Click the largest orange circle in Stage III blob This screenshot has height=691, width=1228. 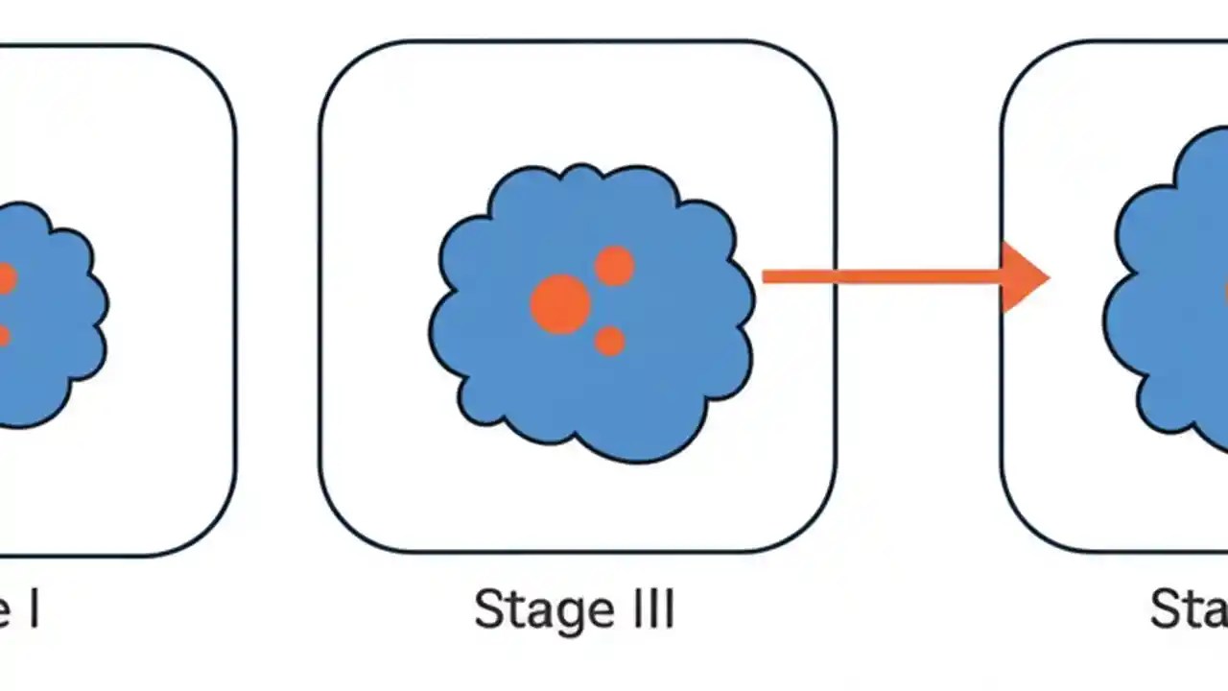click(x=560, y=304)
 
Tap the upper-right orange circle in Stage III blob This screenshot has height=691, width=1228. click(x=614, y=266)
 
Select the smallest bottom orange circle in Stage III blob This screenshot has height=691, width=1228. click(x=609, y=341)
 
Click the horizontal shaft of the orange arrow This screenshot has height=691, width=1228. click(x=883, y=277)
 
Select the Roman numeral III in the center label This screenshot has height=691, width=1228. click(x=649, y=610)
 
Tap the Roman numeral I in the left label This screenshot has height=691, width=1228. click(x=34, y=610)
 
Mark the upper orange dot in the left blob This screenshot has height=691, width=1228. click(x=5, y=279)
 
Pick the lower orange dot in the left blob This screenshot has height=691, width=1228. click(x=3, y=336)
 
